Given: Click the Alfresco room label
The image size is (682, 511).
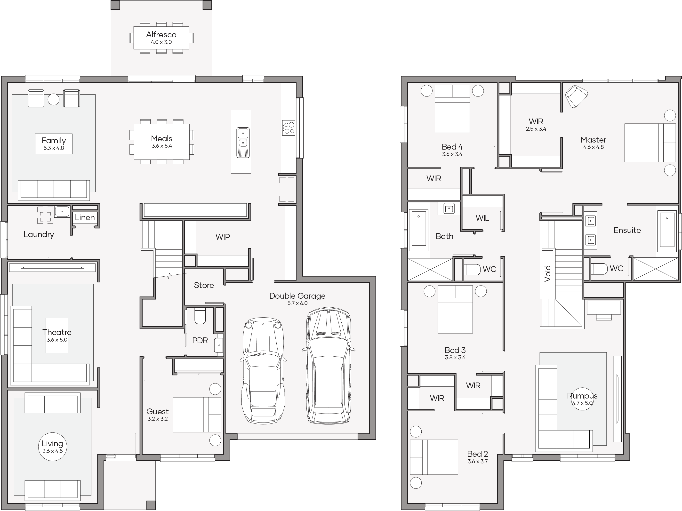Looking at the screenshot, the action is [161, 34].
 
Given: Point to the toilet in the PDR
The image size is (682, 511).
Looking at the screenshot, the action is [200, 316].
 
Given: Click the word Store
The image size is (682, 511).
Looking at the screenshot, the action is [204, 285].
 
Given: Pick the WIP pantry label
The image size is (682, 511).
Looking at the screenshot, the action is [223, 237].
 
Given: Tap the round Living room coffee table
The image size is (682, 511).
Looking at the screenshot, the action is [52, 447].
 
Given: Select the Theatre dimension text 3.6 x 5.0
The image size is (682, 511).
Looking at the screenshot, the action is [57, 340].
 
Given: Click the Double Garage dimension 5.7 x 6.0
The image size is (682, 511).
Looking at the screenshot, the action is [297, 303].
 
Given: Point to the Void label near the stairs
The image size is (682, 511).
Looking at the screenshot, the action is [548, 273].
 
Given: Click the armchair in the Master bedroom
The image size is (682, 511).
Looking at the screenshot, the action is [576, 96].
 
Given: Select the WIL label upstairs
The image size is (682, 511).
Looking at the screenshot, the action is [482, 218].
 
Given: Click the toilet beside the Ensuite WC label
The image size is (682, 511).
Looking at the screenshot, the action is [598, 269].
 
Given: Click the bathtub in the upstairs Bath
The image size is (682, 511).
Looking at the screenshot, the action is [418, 230].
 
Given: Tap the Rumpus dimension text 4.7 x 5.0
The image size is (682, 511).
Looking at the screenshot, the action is [582, 403].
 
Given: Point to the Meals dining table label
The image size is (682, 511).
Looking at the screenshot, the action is [161, 139].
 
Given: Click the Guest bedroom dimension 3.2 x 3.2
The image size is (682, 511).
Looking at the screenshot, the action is [158, 419].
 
